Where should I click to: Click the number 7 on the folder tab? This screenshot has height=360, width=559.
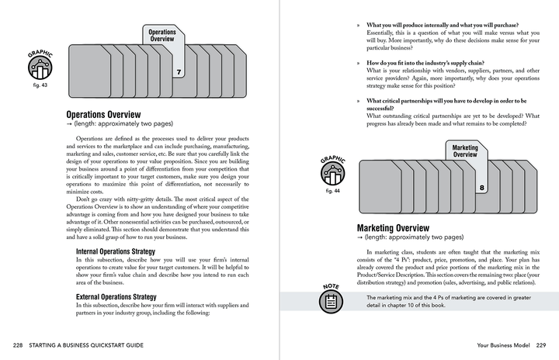(179, 73)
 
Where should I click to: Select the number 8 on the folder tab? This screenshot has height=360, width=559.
(482, 188)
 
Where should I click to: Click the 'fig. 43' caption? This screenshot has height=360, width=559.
(38, 85)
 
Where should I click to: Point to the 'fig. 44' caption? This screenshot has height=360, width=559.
(331, 190)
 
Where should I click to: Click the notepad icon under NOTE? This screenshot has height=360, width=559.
(331, 302)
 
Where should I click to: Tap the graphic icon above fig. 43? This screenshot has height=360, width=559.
(39, 67)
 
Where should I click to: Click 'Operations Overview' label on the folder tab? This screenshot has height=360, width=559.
(161, 36)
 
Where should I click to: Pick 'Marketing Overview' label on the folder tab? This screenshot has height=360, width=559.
(465, 151)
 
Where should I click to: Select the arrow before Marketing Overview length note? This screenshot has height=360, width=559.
(360, 237)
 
